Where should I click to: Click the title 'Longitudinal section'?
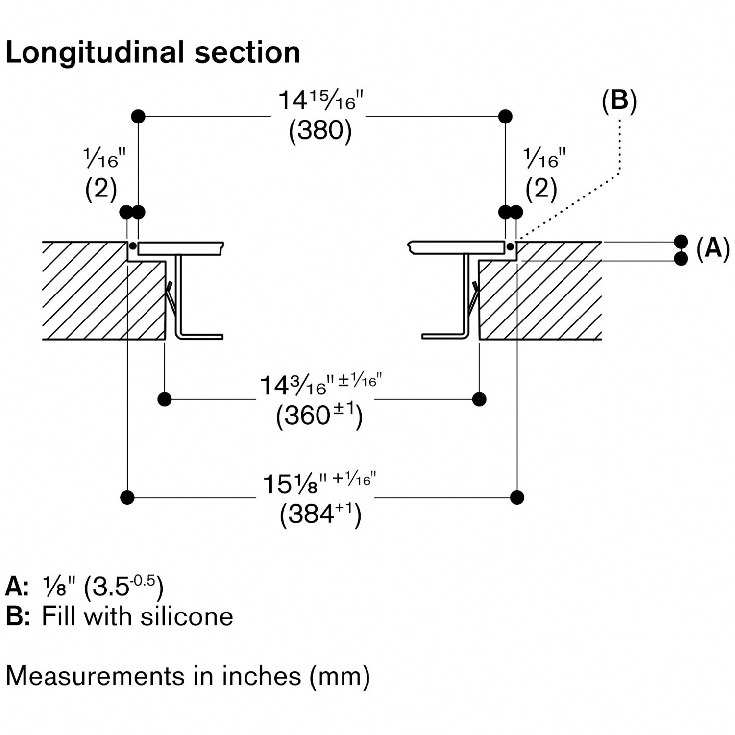coord(153,53)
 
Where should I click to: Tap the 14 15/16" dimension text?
coord(320,100)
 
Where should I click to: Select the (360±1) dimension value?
coord(319,416)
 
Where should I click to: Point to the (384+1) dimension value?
coord(320,514)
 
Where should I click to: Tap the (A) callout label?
coord(713,248)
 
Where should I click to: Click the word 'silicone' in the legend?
coord(187,616)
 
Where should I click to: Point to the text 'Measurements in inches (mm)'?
coord(188,676)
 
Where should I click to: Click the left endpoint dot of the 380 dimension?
coord(139,117)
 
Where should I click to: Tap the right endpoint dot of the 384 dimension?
coord(517,497)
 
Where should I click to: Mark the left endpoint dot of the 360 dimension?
coord(165,399)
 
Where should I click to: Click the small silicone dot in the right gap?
coord(511,245)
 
